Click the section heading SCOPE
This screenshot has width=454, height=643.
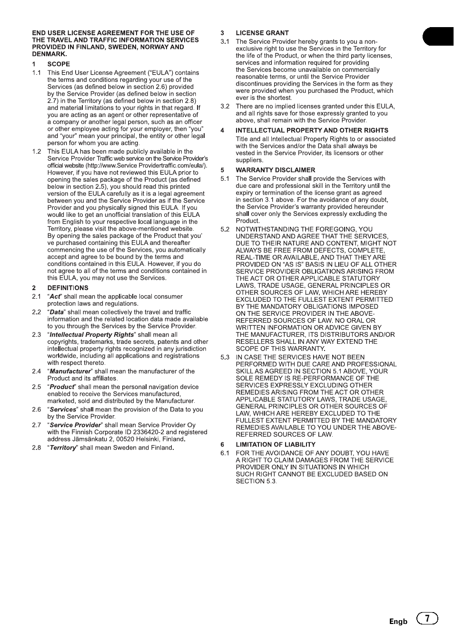tap(59, 64)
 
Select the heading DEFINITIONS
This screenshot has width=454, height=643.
tap(68, 288)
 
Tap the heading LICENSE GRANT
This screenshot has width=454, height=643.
tap(262, 33)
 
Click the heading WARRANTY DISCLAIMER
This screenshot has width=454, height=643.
tap(275, 170)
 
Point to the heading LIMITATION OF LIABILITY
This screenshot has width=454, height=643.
tap(276, 444)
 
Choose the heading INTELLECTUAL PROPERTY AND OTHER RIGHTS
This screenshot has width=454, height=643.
tap(312, 130)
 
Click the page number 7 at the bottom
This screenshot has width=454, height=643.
tap(427, 618)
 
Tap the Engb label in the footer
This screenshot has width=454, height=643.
tap(398, 622)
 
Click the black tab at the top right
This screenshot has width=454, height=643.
tap(438, 37)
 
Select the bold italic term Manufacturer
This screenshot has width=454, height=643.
tap(70, 371)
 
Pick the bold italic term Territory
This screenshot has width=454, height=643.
tap(63, 448)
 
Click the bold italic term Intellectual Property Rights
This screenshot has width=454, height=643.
tap(91, 334)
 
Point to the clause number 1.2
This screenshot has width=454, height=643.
tap(37, 151)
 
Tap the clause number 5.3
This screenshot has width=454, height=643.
tap(225, 357)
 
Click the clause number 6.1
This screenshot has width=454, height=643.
tap(225, 453)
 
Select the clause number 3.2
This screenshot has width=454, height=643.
tap(225, 106)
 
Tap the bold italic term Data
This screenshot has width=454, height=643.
tap(57, 312)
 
